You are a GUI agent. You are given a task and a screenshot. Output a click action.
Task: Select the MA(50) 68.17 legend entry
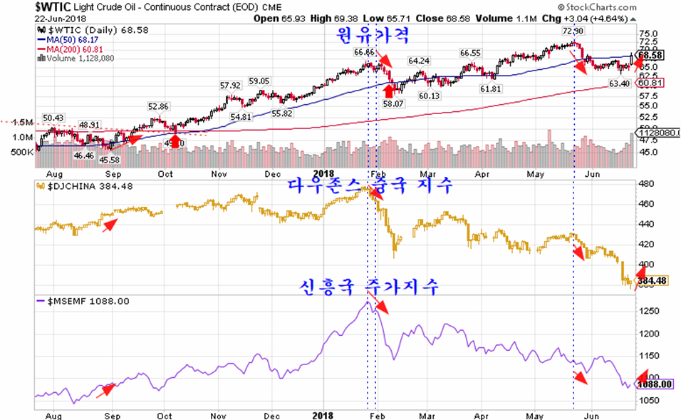[x=68, y=41]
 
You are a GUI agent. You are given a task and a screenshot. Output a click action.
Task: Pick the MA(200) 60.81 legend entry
[x=71, y=50]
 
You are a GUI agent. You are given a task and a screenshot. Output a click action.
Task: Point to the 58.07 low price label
[x=393, y=103]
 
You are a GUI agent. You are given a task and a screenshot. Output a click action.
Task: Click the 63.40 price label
[x=619, y=84]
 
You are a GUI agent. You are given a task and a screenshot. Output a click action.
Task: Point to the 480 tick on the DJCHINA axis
[x=646, y=184]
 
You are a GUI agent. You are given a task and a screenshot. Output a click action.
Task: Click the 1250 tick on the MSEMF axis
[x=648, y=311]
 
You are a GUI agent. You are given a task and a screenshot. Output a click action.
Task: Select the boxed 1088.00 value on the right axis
[x=655, y=384]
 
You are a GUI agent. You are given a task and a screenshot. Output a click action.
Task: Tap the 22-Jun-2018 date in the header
[x=26, y=17]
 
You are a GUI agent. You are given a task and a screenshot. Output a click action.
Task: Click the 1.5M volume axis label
[x=22, y=122]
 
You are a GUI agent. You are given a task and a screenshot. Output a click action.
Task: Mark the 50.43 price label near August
[x=53, y=118]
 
